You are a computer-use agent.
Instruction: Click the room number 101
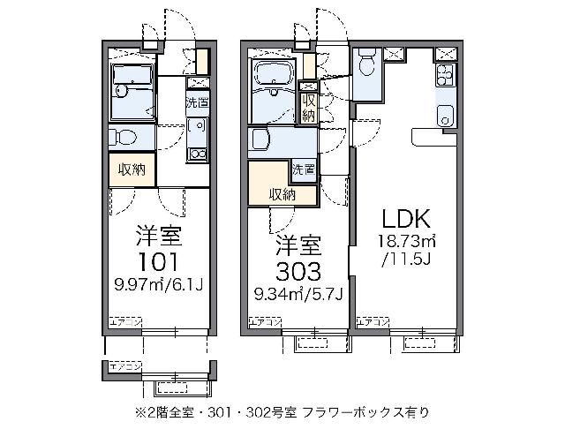pyautogui.click(x=159, y=261)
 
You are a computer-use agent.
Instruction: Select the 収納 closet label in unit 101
pyautogui.click(x=132, y=169)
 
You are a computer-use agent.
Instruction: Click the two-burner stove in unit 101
pyautogui.click(x=196, y=153)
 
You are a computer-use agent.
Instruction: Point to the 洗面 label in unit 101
pyautogui.click(x=197, y=102)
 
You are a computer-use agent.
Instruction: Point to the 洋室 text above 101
pyautogui.click(x=159, y=236)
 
